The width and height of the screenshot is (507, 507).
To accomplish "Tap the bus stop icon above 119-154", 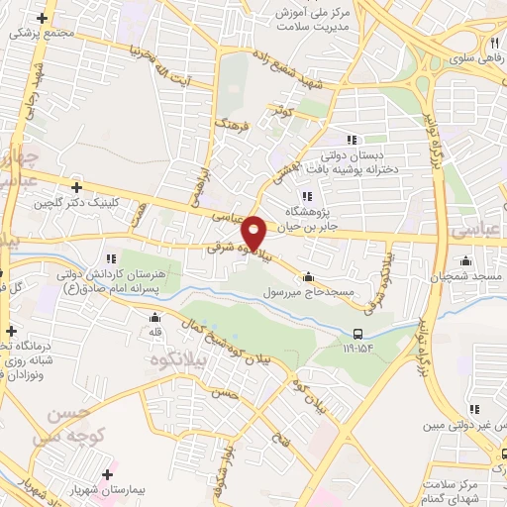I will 358,333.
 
